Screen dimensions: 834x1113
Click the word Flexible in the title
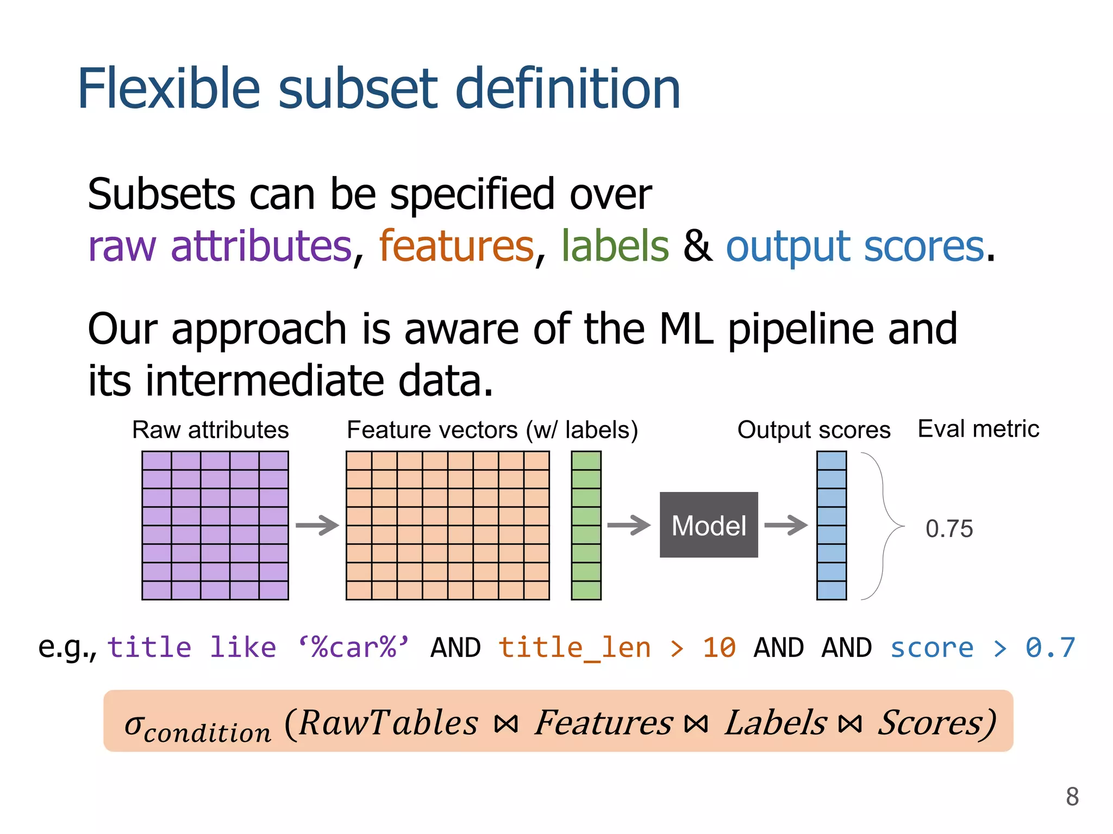coord(169,89)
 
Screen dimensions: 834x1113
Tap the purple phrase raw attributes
coord(220,246)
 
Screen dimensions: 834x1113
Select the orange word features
coord(457,246)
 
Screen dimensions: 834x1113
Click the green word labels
coord(615,246)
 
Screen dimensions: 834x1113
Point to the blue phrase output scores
coord(855,246)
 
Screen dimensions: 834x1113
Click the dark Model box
coord(708,525)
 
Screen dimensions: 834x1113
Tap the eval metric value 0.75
coord(949,529)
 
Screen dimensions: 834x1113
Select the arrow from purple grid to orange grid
coord(317,525)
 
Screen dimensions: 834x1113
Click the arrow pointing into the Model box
coord(629,525)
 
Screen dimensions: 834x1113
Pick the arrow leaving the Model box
coord(786,525)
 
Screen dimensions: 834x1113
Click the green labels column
coord(586,525)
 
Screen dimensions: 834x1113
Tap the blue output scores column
coord(831,525)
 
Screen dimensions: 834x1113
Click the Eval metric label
coord(978,429)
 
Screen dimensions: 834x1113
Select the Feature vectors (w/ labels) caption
coord(492,430)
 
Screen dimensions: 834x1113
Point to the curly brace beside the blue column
coord(883,525)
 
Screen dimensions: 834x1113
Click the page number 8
coord(1072,797)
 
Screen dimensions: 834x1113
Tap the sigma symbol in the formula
coord(134,725)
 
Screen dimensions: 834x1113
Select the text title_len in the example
coord(574,648)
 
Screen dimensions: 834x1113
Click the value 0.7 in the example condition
coord(1050,648)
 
